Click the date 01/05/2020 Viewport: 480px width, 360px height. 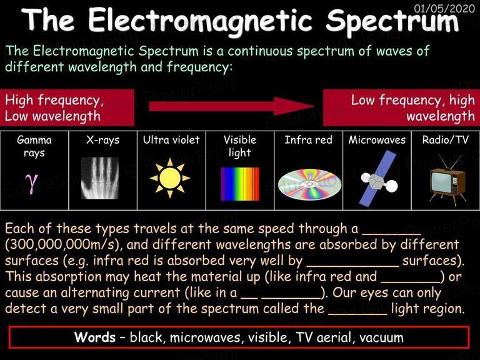444,9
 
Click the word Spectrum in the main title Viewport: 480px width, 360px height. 392,21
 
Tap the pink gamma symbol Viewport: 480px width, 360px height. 32,182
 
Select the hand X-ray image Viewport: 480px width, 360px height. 100,178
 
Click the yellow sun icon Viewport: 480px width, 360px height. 170,178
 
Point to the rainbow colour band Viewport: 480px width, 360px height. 240,184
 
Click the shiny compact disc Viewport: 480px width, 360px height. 309,184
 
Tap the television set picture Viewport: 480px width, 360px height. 447,181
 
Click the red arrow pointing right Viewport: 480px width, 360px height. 232,106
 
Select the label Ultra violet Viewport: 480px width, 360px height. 171,140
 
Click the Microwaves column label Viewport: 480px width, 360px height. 377,140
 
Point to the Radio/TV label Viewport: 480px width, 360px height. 446,140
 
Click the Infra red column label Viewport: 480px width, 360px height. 308,140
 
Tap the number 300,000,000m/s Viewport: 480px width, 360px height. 62,244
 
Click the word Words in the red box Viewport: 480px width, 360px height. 95,337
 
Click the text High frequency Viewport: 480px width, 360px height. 54,101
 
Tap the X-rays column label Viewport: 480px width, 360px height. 103,140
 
